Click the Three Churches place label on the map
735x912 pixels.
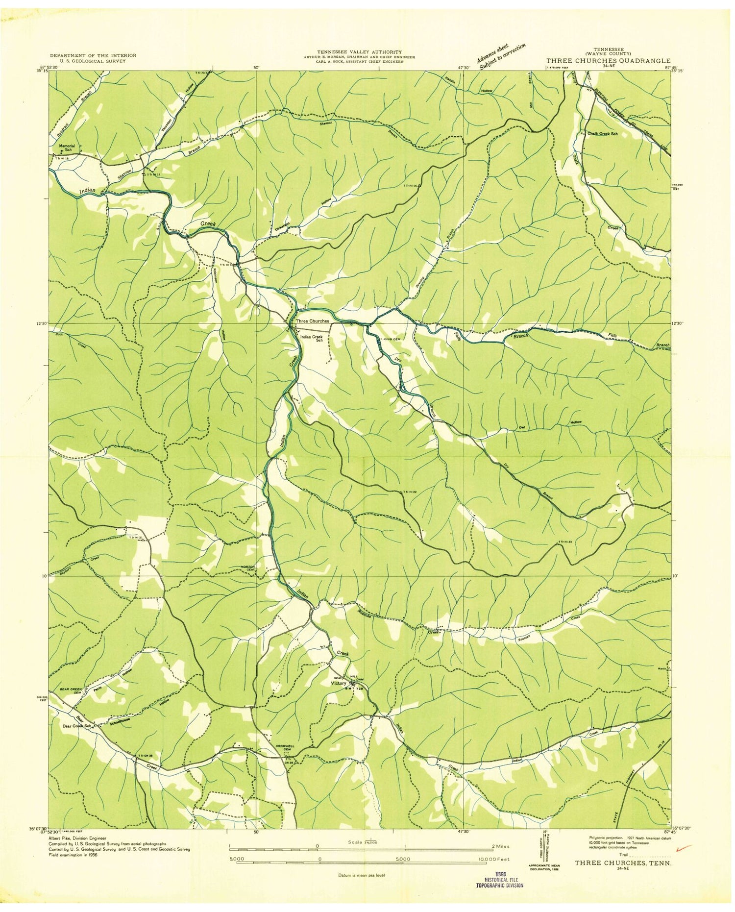pos(313,321)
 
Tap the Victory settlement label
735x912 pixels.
pos(339,683)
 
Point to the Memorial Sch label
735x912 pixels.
pos(67,148)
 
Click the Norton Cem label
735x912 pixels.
pos(248,568)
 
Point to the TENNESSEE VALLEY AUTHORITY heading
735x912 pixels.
pos(359,52)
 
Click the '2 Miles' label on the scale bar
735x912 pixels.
pos(499,846)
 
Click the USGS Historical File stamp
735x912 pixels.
pos(500,882)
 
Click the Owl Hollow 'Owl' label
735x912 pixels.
pos(522,428)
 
